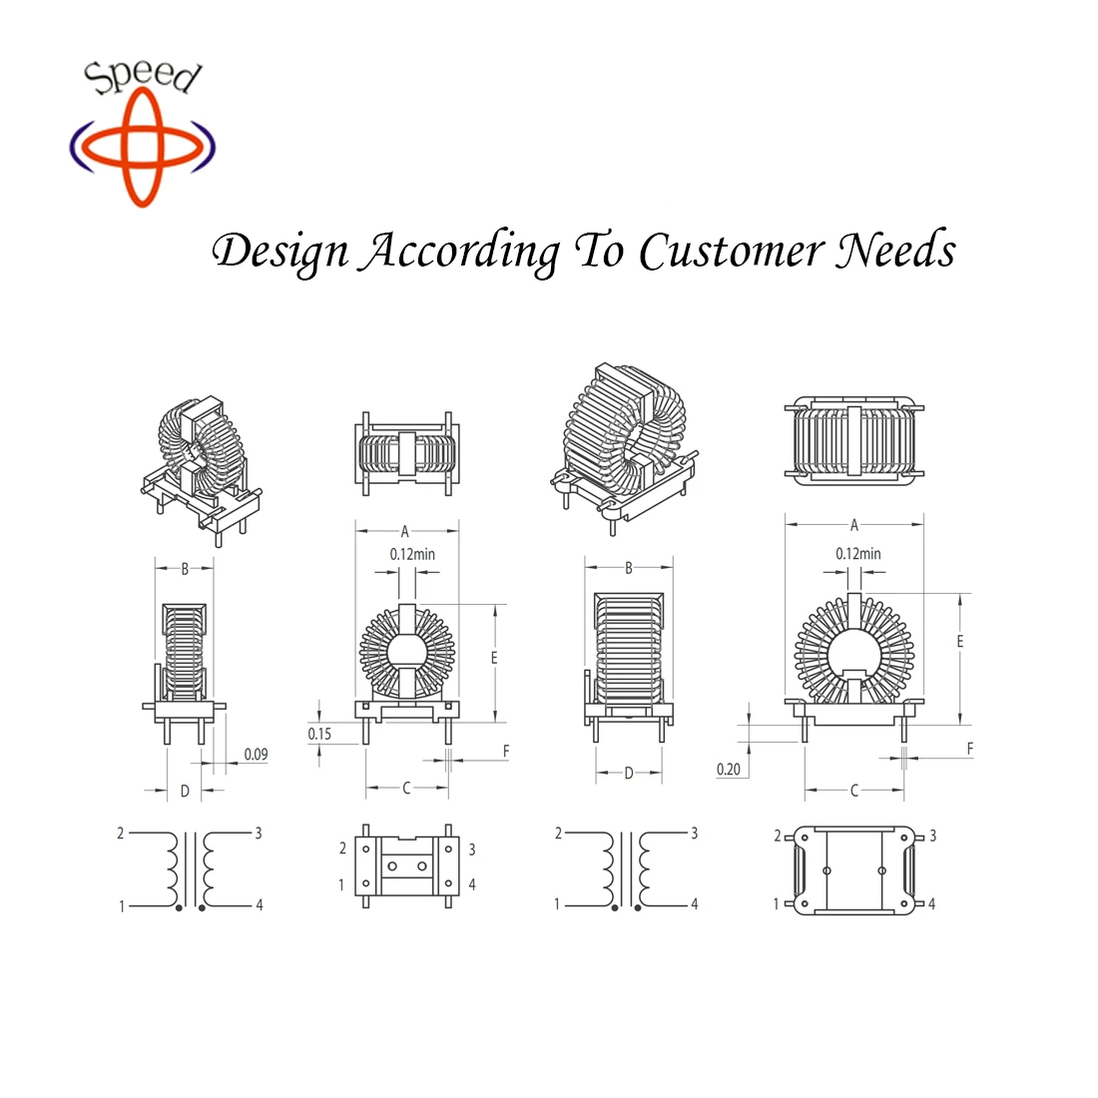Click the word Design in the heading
point(280,252)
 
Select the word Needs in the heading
point(895,251)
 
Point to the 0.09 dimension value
point(256,755)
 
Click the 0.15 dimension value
point(319,734)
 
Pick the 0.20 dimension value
point(729,769)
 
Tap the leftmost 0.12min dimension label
point(412,554)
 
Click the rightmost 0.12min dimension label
point(858,553)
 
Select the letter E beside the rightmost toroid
point(960,641)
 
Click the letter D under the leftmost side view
point(185,792)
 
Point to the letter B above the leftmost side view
point(185,570)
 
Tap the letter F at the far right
point(969,749)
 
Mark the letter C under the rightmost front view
point(854,791)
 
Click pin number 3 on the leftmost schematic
point(259,832)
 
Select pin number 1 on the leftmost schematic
point(123,906)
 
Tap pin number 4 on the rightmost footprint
point(931,904)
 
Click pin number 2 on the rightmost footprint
point(778,835)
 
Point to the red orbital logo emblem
point(142,147)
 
